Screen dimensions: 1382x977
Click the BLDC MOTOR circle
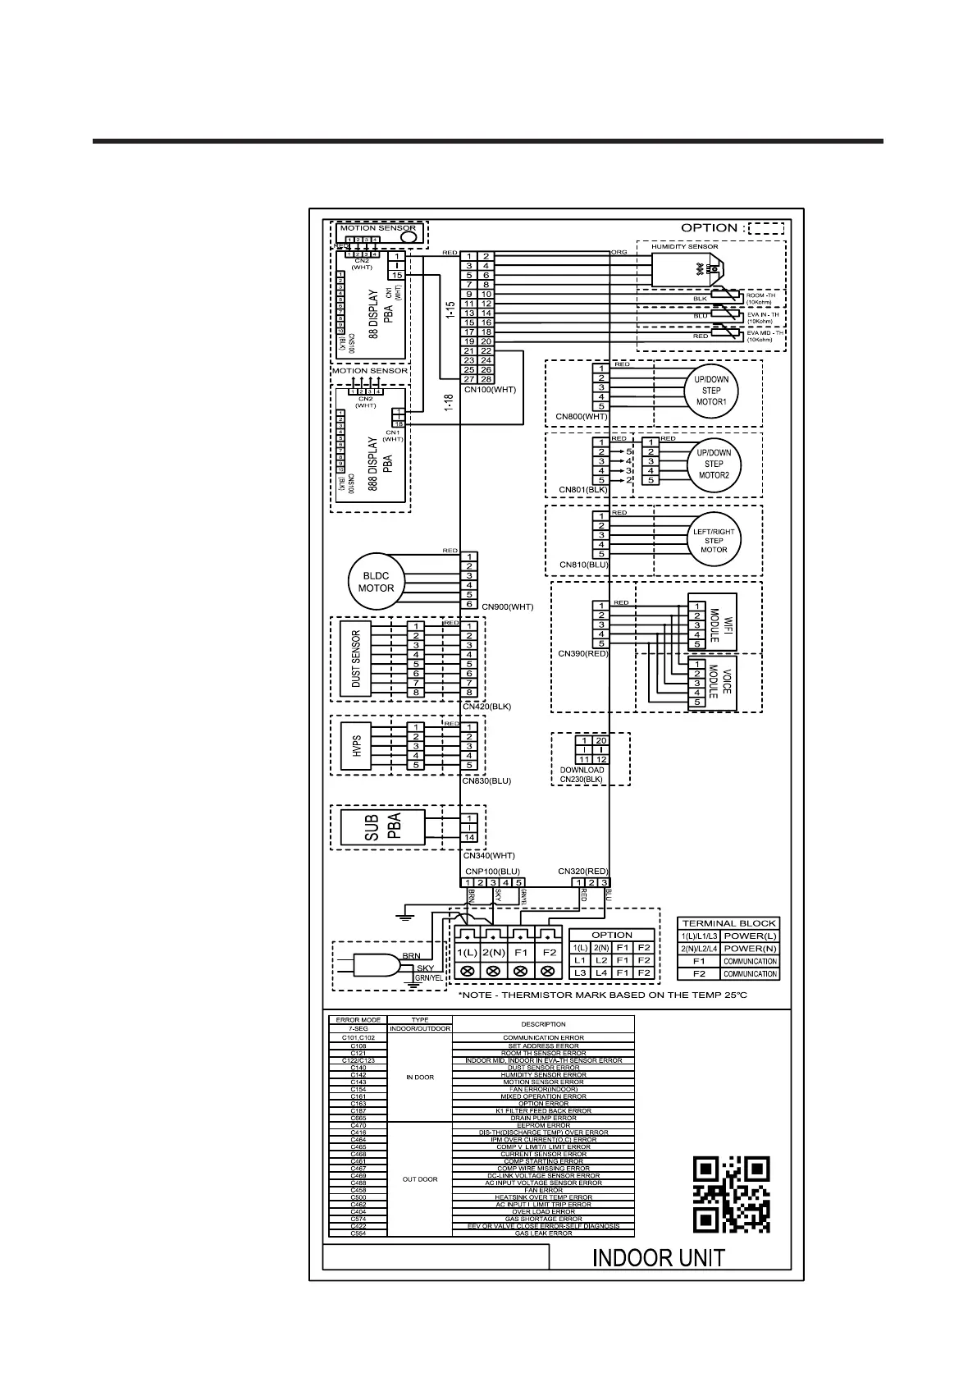[376, 582]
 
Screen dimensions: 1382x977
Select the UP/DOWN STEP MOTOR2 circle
[713, 464]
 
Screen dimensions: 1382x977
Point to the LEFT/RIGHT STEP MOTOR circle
[713, 540]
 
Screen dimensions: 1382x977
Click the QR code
[732, 1194]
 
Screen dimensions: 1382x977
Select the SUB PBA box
[382, 828]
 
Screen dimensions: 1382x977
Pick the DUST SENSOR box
[355, 659]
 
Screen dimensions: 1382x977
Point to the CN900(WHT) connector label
[507, 607]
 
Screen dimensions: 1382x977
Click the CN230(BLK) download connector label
[582, 780]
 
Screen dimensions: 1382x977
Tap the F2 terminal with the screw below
[549, 952]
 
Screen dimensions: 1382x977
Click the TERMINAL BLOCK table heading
[728, 923]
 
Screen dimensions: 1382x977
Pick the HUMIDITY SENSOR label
[684, 246]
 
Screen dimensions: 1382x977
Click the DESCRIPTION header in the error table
[543, 1024]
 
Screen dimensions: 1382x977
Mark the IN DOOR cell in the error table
[419, 1078]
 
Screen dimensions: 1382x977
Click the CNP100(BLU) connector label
[492, 871]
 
